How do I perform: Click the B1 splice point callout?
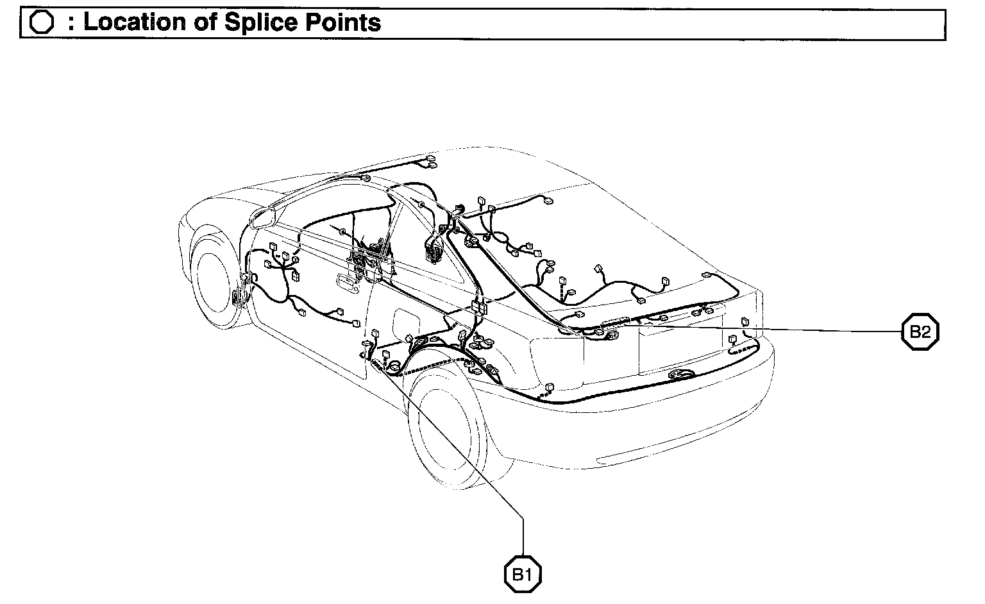point(523,574)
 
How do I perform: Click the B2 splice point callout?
point(920,331)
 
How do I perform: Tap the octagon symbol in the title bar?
point(42,23)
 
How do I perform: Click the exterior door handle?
point(350,281)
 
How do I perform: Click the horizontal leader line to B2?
point(770,329)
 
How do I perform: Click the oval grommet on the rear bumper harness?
point(678,374)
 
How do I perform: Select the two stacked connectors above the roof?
point(431,162)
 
